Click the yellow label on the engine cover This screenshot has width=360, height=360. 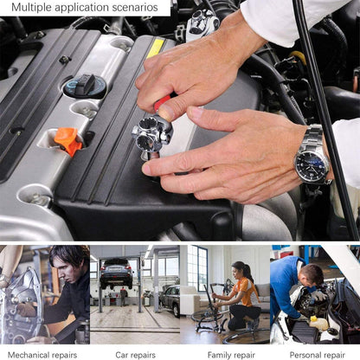pos(155,47)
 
